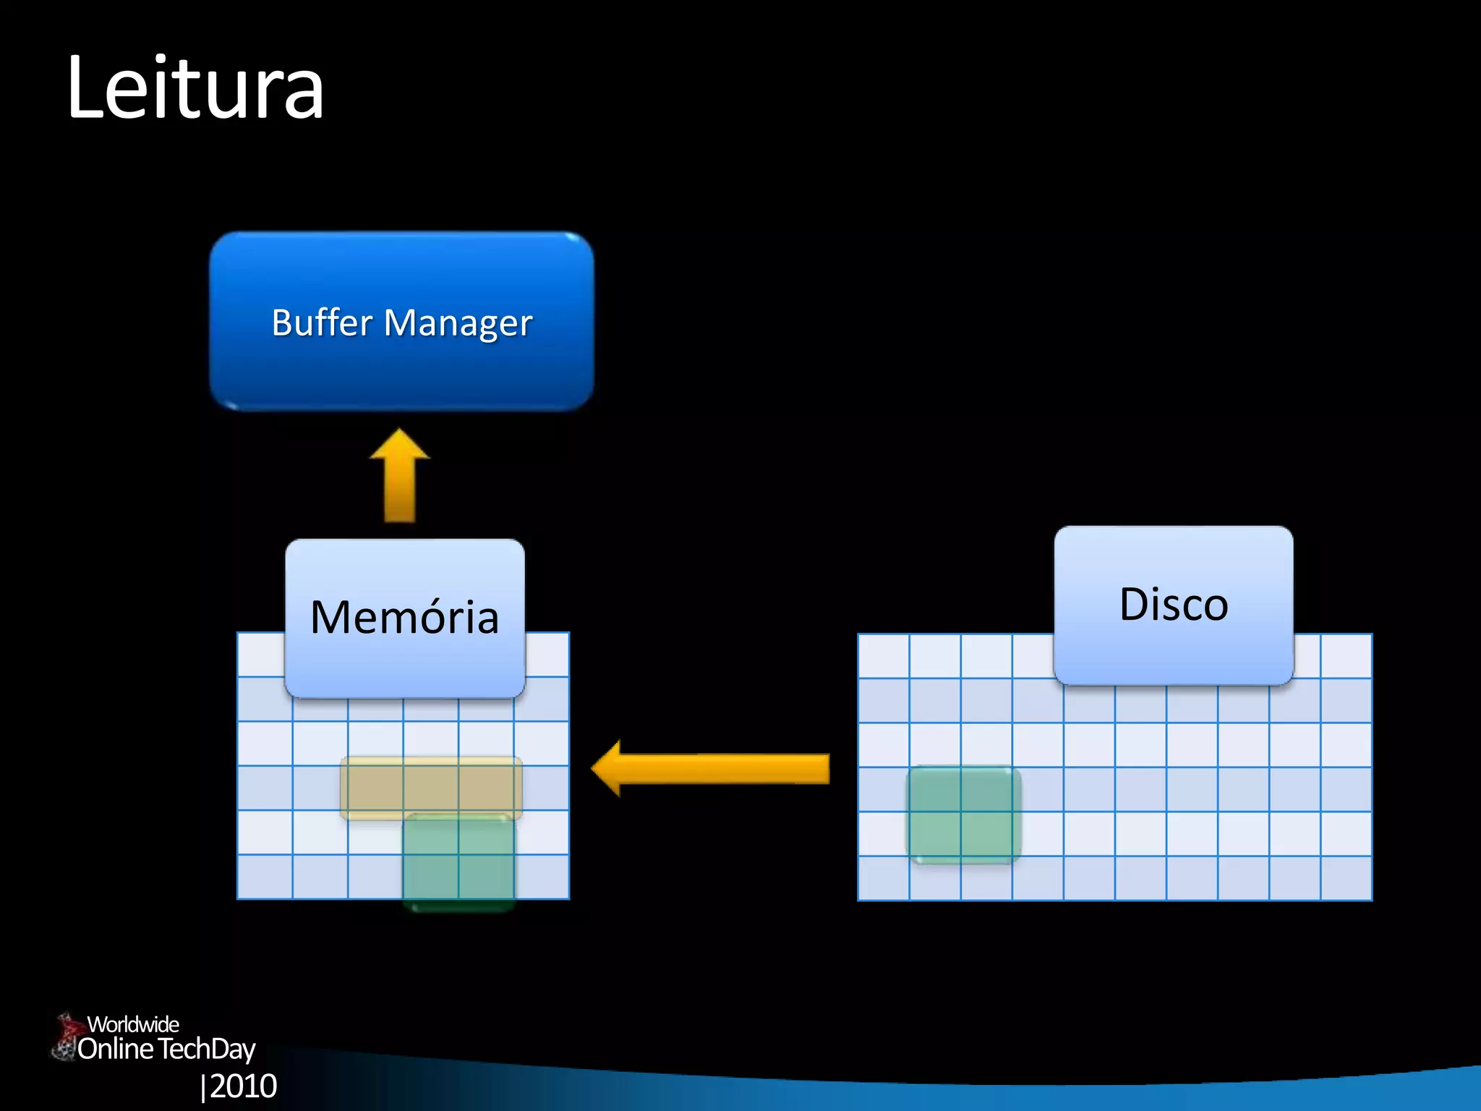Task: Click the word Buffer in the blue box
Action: (x=322, y=323)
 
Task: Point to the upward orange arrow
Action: (x=400, y=481)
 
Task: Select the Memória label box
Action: (x=405, y=618)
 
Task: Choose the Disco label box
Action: (x=1173, y=605)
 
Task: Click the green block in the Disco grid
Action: (x=963, y=814)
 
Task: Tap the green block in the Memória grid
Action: (x=458, y=861)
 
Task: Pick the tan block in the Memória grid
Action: (x=431, y=787)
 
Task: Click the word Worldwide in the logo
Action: (x=133, y=1024)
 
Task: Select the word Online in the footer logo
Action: (x=116, y=1049)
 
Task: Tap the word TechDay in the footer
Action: (x=207, y=1050)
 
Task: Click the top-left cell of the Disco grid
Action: (x=883, y=656)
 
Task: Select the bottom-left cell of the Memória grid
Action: (x=265, y=877)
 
